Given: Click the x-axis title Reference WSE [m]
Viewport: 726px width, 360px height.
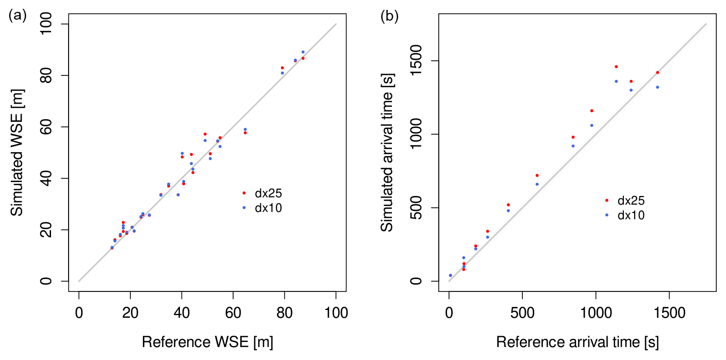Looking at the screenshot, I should coord(207,342).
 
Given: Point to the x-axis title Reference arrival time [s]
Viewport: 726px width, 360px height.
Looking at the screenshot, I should coord(577,342).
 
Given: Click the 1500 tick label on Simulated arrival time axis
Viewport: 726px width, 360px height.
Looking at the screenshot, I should coord(422,61).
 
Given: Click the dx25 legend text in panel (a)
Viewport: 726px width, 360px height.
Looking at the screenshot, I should coord(268,193).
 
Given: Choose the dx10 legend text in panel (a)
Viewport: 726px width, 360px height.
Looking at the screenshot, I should coord(268,208).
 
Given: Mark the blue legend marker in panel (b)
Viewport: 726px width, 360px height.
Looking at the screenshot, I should coord(607,215).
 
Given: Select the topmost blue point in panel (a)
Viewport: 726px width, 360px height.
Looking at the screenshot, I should coord(303,52).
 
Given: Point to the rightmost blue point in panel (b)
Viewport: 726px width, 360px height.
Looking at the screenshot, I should coord(657,87).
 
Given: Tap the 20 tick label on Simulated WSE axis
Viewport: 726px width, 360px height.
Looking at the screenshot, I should coord(54,230).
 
